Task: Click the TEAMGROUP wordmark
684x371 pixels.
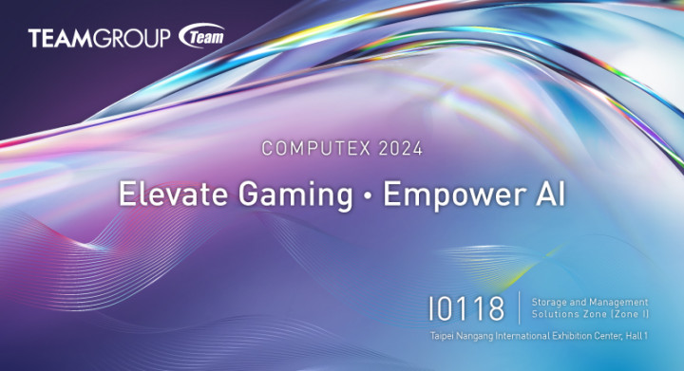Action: click(x=100, y=39)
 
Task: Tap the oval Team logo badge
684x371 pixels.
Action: click(x=200, y=38)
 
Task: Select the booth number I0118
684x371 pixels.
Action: click(x=466, y=309)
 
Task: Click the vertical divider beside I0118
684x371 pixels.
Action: click(x=519, y=308)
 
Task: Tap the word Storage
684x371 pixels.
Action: click(x=549, y=301)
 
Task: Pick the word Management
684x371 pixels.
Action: click(x=617, y=301)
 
